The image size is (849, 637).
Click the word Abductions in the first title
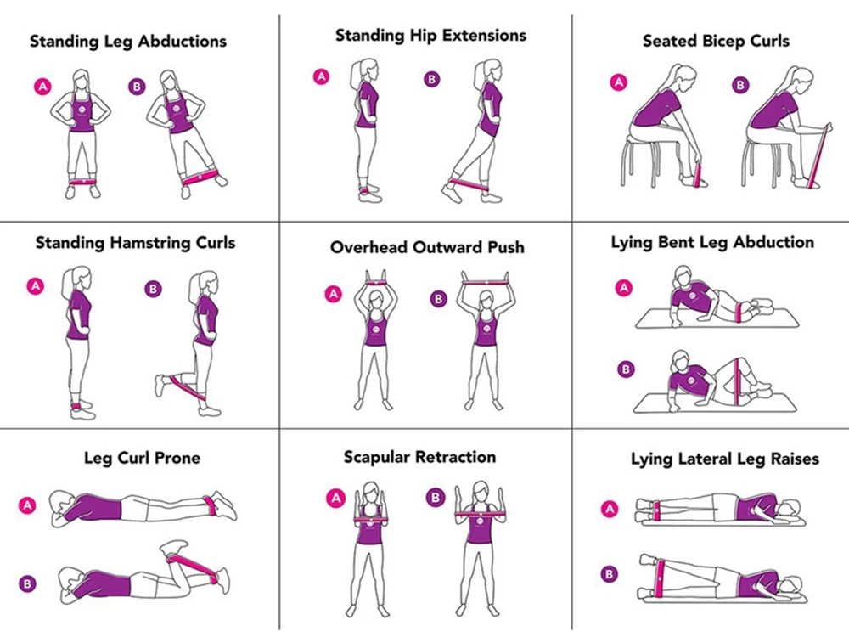point(182,42)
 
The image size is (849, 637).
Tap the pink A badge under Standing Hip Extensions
point(321,76)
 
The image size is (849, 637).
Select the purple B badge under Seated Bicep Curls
point(740,85)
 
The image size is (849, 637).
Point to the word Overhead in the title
point(369,247)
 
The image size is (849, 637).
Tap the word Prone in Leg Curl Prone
point(177,459)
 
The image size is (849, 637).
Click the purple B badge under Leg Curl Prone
point(27,583)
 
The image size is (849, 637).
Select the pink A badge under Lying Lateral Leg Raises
point(610,509)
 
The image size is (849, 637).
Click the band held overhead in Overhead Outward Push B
point(486,282)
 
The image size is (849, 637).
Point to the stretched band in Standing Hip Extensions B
point(469,184)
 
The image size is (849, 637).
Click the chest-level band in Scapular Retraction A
point(372,520)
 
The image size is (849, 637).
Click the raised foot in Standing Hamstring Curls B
point(160,386)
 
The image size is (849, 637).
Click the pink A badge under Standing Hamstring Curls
point(35,286)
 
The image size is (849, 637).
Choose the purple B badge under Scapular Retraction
point(436,497)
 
